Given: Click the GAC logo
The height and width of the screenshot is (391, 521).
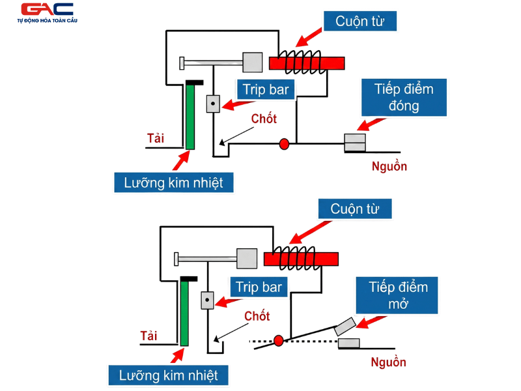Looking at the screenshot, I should coord(48,12).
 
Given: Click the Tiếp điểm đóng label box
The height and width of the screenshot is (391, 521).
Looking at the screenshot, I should coord(404,97).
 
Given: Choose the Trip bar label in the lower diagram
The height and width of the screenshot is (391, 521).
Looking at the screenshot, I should coord(259,287).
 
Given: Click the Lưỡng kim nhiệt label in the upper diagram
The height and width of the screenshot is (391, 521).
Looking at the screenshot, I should coord(173,182).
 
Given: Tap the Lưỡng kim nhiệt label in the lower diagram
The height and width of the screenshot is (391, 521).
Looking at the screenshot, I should coord(168,375).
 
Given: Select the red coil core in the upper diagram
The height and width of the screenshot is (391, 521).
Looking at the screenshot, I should coord(306,63).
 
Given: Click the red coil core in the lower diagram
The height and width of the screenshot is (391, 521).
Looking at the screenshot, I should coord(301,259).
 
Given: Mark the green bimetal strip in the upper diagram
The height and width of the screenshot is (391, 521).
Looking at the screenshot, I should coord(190,117).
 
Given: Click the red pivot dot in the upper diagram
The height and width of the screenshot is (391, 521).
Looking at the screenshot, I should coord(284,143).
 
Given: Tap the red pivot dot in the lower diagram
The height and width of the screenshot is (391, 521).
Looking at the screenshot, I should coord(279,340).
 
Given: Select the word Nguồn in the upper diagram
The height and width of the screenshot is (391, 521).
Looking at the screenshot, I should coord(389,166).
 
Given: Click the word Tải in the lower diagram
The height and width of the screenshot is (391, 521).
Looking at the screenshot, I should coord(148,336).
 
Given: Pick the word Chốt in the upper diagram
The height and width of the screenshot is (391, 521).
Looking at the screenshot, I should coord(264,119).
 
